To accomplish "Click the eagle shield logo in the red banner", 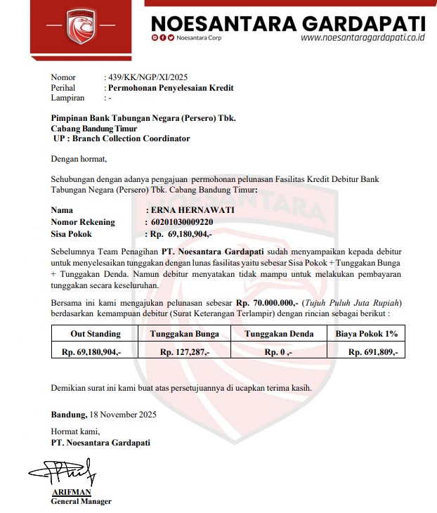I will pos(81,25).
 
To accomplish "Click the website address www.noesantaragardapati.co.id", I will pos(363,38).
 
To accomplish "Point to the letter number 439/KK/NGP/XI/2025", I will pos(146,77).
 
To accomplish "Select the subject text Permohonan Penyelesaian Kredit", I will pos(169,88).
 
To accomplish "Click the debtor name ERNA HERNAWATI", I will pos(189,210).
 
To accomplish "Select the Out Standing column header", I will pos(96,334).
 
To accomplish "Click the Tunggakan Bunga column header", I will pos(185,334).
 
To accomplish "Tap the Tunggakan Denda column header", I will pos(278,334).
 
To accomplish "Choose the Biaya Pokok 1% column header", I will pos(367,334).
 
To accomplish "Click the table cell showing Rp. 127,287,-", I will pos(185,351).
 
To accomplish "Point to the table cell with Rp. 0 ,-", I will pos(278,351).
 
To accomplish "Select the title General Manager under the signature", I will pos(81,501).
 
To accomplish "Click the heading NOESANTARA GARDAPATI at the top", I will pos(288,22).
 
